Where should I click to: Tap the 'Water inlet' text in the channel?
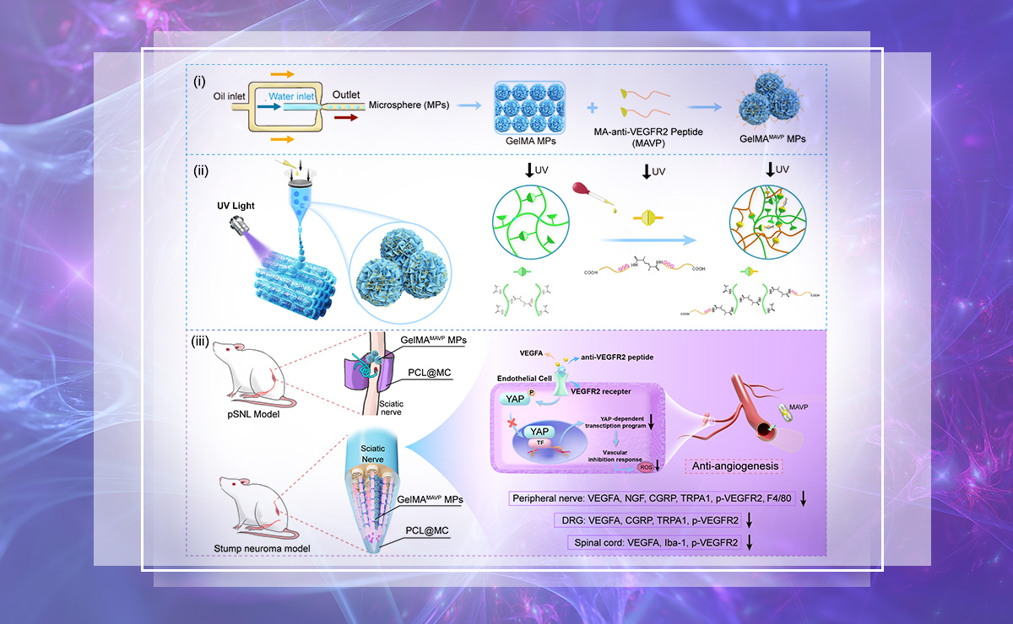tap(291, 97)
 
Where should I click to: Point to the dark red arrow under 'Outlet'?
tap(346, 119)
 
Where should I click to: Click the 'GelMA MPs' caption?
tap(524, 143)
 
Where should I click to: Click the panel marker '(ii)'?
tap(201, 170)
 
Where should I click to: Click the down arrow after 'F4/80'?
tap(803, 499)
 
